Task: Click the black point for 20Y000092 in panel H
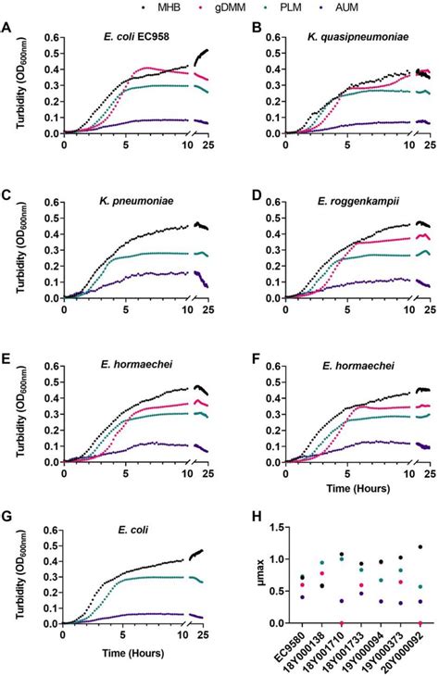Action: coord(420,546)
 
